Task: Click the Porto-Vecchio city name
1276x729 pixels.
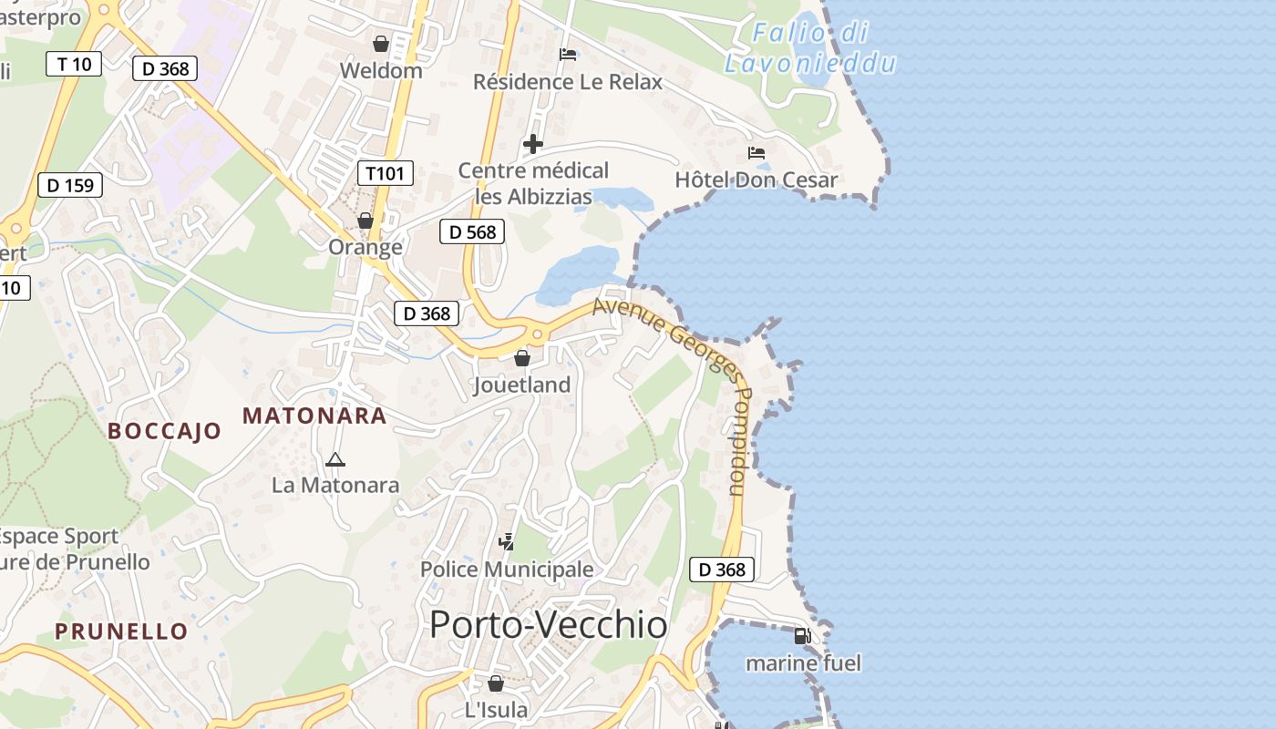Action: (548, 625)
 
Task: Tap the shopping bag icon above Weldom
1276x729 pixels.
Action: (381, 43)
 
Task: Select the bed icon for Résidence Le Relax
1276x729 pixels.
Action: (568, 54)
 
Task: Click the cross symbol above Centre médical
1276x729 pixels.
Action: (533, 144)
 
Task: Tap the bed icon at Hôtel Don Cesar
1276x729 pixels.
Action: (756, 152)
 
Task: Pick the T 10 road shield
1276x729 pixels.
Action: (74, 64)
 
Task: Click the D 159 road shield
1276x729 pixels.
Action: (70, 185)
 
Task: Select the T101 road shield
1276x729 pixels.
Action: (386, 173)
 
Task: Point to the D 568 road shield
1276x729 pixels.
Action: (472, 231)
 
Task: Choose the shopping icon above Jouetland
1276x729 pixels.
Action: (522, 358)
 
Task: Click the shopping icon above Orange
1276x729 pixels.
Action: (365, 221)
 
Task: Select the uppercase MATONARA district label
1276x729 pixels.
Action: (314, 416)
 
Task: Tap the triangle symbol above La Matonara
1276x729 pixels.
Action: (335, 460)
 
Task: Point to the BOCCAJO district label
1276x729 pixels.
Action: (165, 431)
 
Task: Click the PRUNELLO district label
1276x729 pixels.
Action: (121, 631)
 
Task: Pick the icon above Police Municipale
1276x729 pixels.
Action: (506, 542)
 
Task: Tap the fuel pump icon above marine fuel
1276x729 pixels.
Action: (802, 636)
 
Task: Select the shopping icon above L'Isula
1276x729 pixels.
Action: (496, 683)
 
